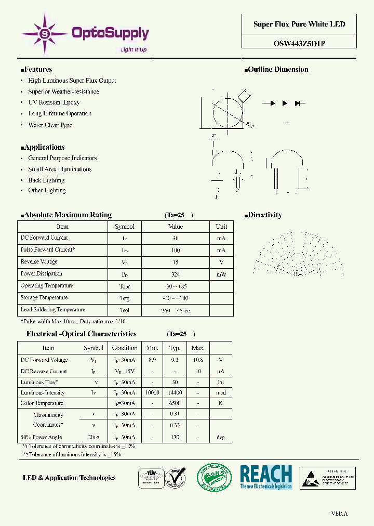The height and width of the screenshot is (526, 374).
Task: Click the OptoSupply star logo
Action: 44,34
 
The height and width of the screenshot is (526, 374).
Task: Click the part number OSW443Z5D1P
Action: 299,44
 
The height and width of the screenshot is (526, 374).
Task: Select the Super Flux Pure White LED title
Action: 299,24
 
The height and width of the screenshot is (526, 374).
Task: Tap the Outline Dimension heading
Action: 278,70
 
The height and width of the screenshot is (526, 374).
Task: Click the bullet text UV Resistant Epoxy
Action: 54,102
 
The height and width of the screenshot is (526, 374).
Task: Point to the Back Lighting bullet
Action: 46,180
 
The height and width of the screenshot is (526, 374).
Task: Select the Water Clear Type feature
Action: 50,125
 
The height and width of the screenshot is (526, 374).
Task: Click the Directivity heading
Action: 265,215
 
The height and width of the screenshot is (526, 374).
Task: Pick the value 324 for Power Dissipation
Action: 176,274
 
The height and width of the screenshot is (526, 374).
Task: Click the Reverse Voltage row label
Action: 39,262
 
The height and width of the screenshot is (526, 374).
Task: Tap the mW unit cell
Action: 221,274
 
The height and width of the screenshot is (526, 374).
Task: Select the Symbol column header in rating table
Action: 125,227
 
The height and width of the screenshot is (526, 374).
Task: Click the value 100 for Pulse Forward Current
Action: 176,250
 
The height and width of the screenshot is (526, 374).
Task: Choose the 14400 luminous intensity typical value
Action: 175,393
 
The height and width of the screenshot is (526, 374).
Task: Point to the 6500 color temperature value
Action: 175,403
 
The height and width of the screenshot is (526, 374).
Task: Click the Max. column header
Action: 198,348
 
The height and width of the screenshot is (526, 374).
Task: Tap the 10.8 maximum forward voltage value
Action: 198,360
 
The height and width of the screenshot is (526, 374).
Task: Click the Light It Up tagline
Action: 133,50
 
